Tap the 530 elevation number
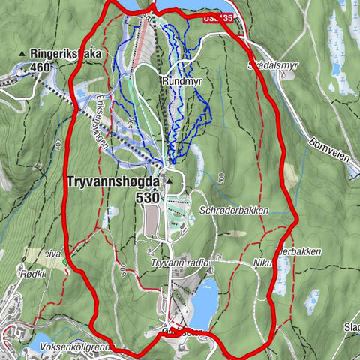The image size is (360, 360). click(148, 199)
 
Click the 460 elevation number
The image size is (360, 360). click(43, 67)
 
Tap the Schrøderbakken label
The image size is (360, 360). click(234, 211)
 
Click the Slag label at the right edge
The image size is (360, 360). click(351, 327)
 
